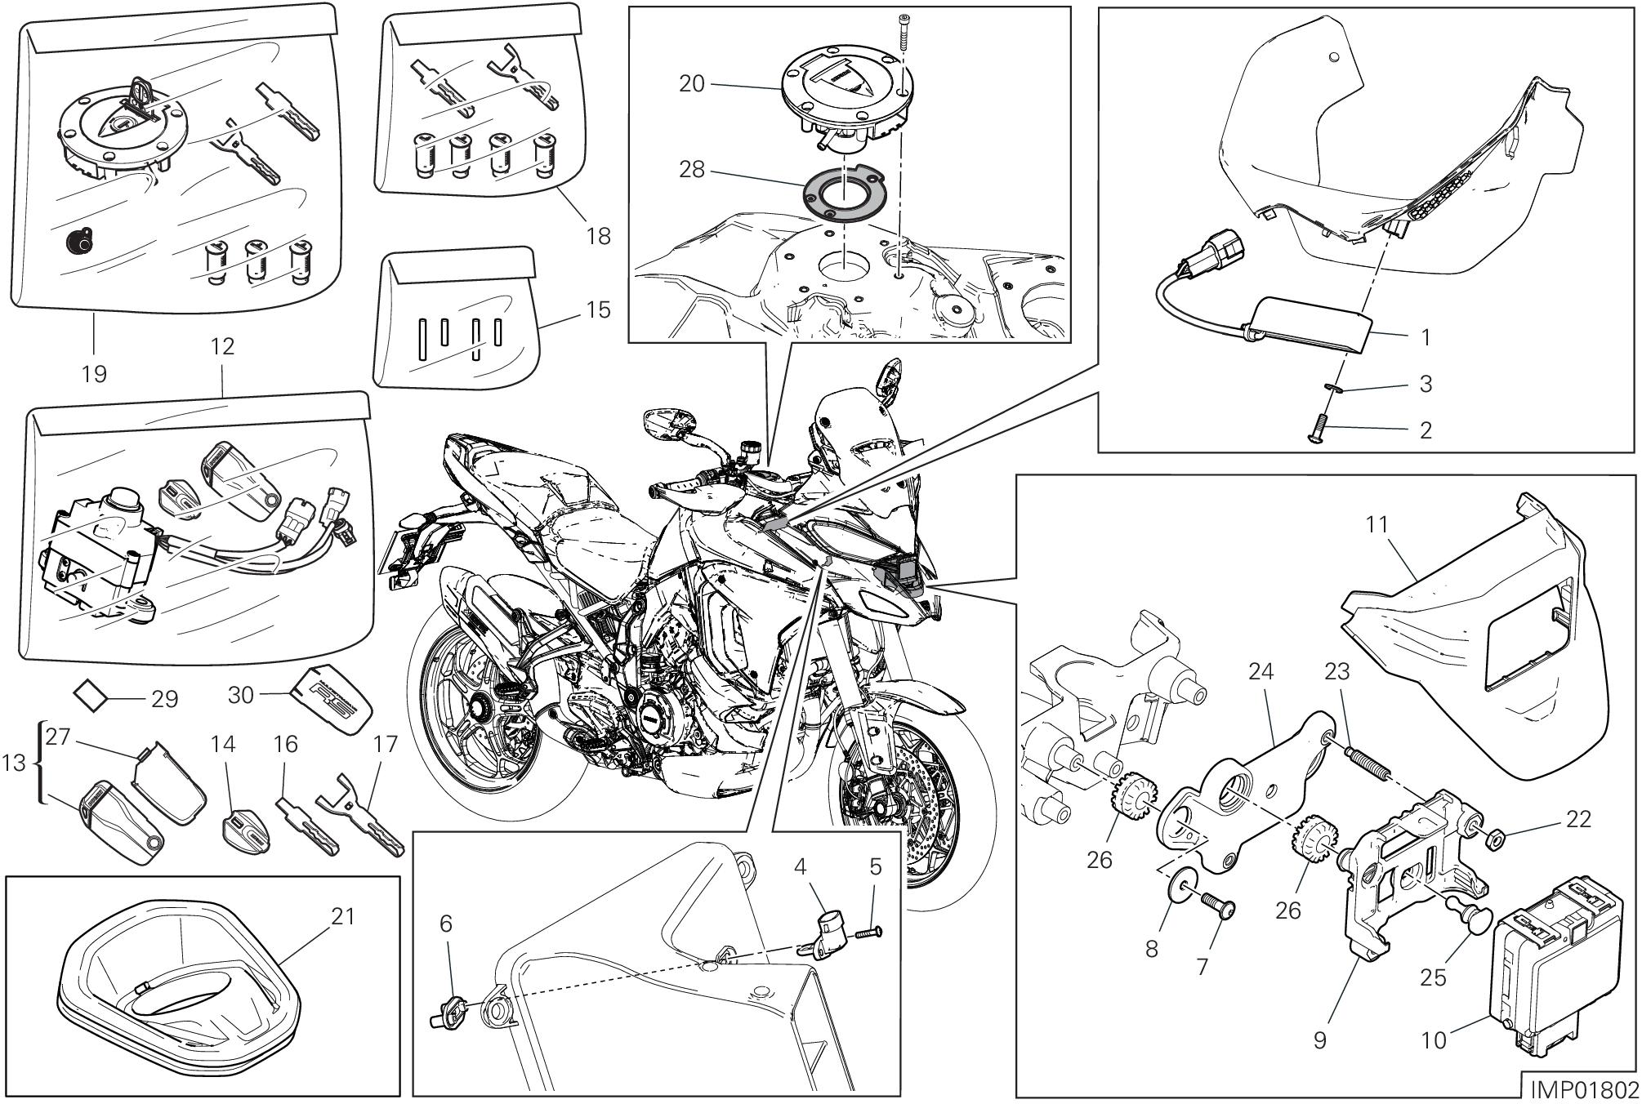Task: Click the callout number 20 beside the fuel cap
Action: [x=692, y=84]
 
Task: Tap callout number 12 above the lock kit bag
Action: [x=222, y=345]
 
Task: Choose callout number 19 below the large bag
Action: [x=94, y=373]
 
